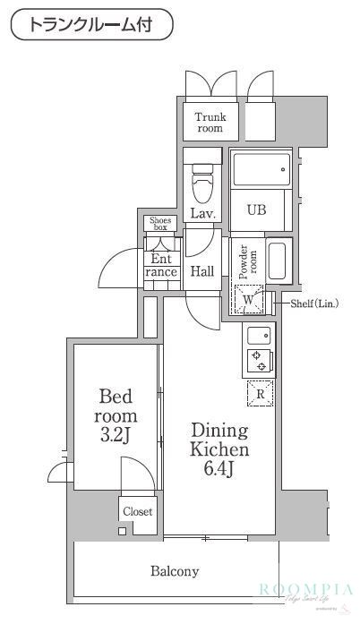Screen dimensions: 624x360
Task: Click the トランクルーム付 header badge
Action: pyautogui.click(x=91, y=24)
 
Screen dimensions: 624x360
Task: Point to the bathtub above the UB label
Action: pyautogui.click(x=259, y=168)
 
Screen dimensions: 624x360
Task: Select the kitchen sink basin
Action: pyautogui.click(x=260, y=336)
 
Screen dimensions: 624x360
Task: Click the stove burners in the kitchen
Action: pyautogui.click(x=260, y=361)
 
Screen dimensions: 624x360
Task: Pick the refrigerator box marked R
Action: pyautogui.click(x=260, y=393)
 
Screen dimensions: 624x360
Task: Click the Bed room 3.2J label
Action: pyautogui.click(x=116, y=416)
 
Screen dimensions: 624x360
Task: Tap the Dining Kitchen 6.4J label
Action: pyautogui.click(x=218, y=449)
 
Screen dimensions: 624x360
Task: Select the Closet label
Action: pyautogui.click(x=137, y=512)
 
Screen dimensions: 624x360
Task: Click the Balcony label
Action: pyautogui.click(x=175, y=570)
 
